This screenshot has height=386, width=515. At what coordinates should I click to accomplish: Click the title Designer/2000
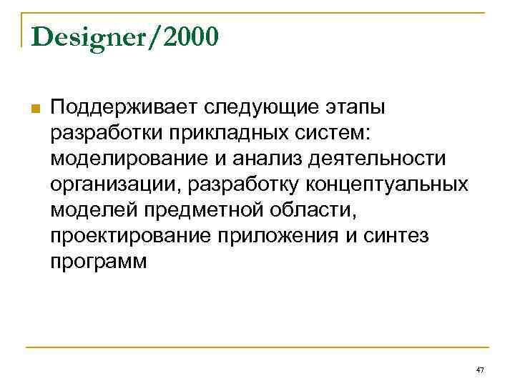click(x=125, y=38)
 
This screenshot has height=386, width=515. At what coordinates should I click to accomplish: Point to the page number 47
click(x=479, y=370)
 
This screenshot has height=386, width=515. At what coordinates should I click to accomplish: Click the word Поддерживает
click(x=124, y=108)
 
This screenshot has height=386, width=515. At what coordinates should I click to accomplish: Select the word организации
click(x=114, y=185)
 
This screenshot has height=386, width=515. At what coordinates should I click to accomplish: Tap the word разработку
click(x=243, y=185)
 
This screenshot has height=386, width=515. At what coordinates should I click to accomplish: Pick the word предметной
click(x=201, y=211)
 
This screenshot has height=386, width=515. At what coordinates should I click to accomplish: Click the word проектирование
click(x=129, y=237)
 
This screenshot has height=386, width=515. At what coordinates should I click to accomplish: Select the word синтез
click(x=396, y=237)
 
